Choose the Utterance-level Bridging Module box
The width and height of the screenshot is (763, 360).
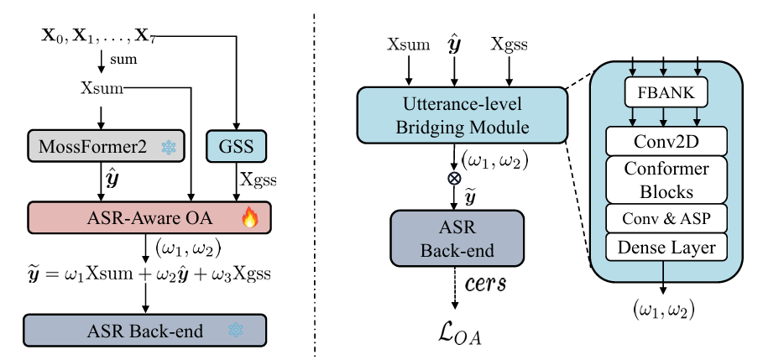(454, 116)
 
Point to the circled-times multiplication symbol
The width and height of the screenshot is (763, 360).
(454, 179)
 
